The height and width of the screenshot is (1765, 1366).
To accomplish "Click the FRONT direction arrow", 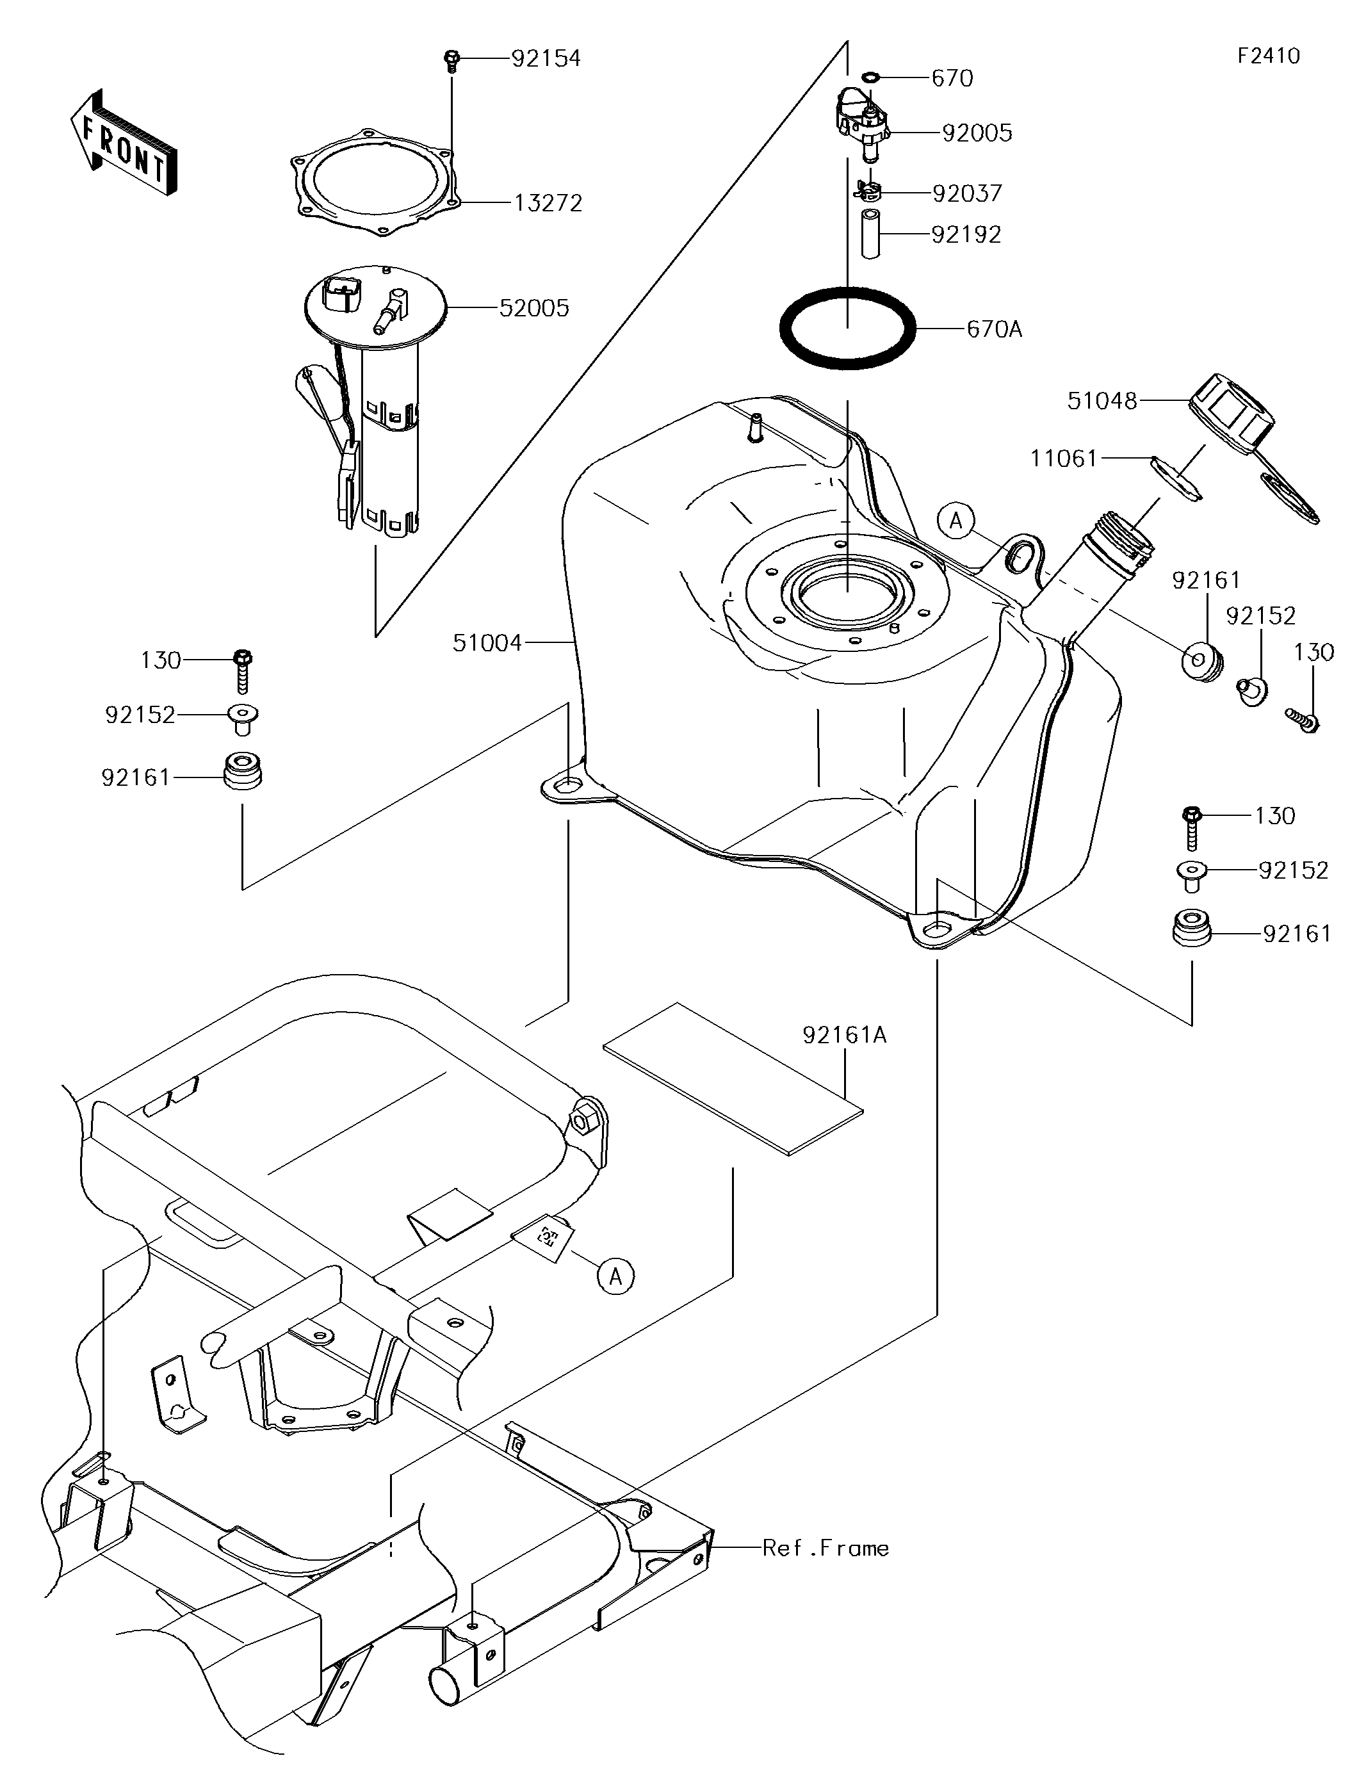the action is (123, 143).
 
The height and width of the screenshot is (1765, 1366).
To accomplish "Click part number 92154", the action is (546, 59).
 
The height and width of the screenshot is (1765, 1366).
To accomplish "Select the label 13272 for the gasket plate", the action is (548, 203).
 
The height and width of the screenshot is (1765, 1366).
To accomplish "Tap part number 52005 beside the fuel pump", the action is (533, 308).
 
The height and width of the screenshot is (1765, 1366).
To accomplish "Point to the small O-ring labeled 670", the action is (870, 77).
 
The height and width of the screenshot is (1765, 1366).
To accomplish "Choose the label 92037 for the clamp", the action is (968, 194).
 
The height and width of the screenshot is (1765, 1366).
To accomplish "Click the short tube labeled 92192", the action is (870, 234).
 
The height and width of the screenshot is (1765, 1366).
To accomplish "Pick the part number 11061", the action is (1064, 459).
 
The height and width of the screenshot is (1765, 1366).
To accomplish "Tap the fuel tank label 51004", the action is (487, 643).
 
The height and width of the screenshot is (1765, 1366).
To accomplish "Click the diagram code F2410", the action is (1269, 56).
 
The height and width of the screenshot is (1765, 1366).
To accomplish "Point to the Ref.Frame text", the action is (826, 1549).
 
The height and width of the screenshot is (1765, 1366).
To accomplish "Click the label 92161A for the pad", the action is (845, 1035).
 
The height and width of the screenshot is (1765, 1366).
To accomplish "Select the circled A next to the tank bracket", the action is (957, 521).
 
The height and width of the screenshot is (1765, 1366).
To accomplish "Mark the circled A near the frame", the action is (616, 1276).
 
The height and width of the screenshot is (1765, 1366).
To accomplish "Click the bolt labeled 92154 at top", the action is (452, 61).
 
